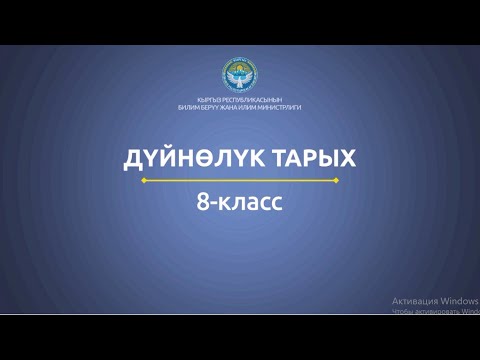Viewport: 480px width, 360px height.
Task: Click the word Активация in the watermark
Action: click(409, 298)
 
